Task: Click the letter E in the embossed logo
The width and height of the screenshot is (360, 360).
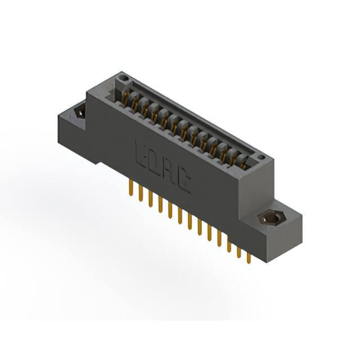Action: click(x=141, y=154)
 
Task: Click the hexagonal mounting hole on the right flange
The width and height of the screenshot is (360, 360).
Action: click(x=268, y=217)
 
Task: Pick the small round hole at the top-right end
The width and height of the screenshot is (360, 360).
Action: click(x=261, y=157)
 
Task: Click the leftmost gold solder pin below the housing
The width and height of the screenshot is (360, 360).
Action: click(x=131, y=187)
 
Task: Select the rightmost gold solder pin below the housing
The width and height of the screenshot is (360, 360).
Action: click(x=249, y=258)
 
